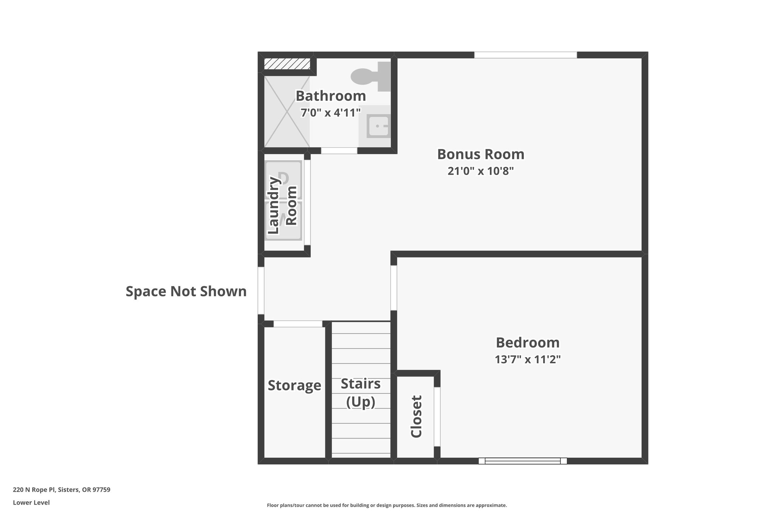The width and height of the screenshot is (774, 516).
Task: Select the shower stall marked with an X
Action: click(287, 112)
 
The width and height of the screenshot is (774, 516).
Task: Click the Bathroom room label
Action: click(331, 96)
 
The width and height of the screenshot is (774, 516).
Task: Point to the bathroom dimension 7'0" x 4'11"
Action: click(331, 113)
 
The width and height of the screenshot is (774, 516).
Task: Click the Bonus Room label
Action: click(481, 154)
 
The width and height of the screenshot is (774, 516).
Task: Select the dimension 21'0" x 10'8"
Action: click(481, 171)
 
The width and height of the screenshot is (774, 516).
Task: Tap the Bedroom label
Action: click(528, 342)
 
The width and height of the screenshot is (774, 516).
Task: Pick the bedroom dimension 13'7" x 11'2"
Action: click(528, 359)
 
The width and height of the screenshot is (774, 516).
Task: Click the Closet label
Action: click(416, 417)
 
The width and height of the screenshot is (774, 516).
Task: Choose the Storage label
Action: click(294, 386)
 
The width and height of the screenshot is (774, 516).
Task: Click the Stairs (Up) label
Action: click(361, 393)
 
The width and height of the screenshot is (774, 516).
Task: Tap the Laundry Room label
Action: click(282, 206)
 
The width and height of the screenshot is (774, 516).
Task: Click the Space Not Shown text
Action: click(186, 291)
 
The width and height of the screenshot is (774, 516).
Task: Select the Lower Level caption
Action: click(31, 503)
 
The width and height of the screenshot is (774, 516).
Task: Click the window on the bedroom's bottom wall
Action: click(523, 461)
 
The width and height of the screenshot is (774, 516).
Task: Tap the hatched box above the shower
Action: click(287, 64)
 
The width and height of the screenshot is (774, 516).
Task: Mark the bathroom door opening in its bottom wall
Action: click(339, 150)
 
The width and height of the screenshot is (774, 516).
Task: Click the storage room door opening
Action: click(298, 324)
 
